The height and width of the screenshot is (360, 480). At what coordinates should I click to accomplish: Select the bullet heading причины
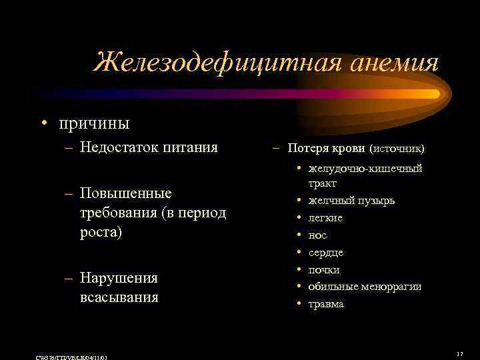point(94,123)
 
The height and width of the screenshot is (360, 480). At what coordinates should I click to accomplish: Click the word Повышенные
point(125,193)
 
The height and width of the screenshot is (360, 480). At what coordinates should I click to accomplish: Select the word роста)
point(101,233)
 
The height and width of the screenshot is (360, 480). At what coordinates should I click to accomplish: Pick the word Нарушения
point(119,277)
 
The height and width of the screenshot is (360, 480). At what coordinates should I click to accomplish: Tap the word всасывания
point(119,297)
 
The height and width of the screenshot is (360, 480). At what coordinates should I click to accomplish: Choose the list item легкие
point(325,217)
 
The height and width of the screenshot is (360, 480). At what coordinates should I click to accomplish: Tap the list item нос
point(317,235)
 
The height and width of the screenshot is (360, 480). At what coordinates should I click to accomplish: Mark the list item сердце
point(326,252)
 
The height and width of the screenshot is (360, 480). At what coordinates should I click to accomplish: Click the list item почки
point(324,269)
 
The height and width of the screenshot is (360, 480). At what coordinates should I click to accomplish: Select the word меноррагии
point(393,287)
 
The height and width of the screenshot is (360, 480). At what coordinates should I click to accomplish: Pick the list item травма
point(326,304)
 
